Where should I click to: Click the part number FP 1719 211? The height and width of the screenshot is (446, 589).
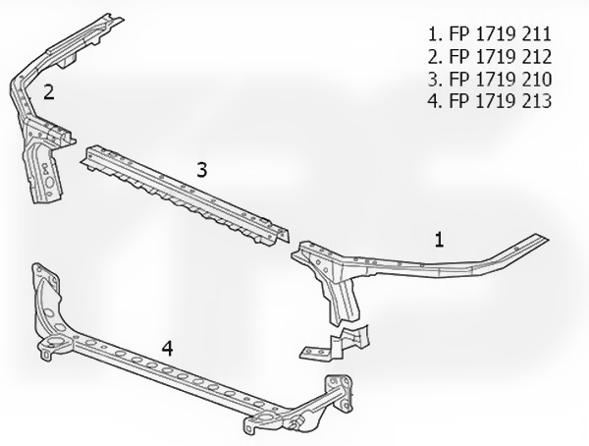500,34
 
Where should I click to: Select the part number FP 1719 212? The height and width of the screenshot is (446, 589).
500,56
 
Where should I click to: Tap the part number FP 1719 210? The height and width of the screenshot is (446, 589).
500,79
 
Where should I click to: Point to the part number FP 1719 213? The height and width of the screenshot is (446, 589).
500,101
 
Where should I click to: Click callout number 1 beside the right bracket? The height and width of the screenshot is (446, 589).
439,240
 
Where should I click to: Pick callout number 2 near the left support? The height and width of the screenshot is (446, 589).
49,92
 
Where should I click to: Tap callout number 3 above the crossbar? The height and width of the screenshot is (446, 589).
201,169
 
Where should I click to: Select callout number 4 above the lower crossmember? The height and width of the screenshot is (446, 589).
167,348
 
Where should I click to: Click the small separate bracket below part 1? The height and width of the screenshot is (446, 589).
335,343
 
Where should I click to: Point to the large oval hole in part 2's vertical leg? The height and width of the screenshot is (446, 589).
49,183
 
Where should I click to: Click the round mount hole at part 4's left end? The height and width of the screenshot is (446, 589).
56,342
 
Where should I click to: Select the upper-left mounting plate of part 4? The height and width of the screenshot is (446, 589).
45,276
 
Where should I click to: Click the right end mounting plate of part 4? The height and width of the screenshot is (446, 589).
340,393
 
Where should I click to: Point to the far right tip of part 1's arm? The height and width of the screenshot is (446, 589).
549,239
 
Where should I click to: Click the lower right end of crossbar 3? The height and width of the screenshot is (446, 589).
284,236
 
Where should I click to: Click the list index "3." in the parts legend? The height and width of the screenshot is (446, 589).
435,79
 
